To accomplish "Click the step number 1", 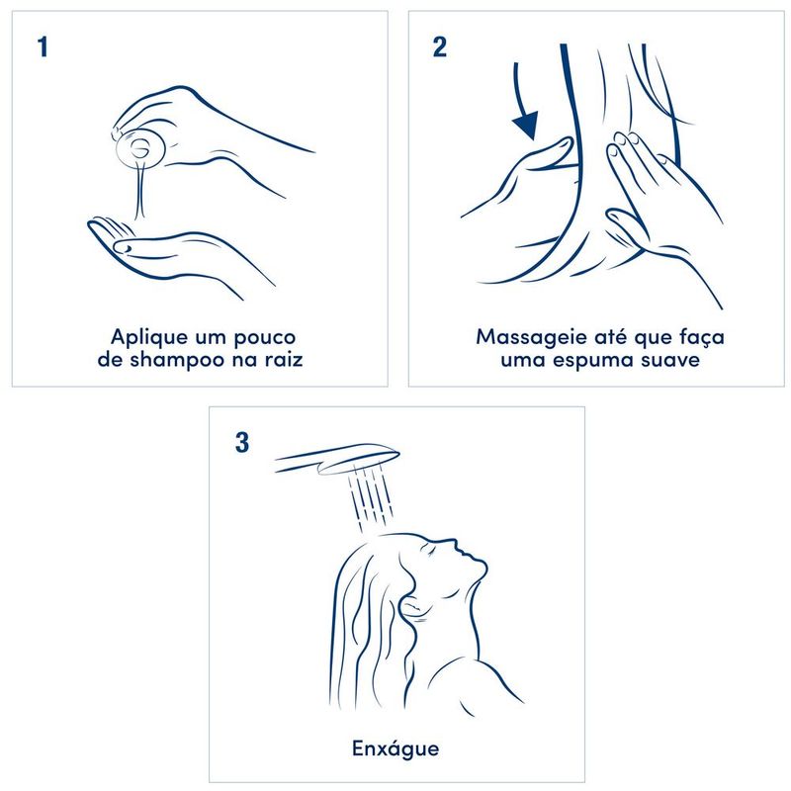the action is pos(43,46).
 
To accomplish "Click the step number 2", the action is pos(439,46).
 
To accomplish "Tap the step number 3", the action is pos(242,442).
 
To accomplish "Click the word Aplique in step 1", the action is pos(144,337).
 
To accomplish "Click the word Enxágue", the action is pos(395,748).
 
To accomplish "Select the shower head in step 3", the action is pos(337,458).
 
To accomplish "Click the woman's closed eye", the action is pos(430,551).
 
